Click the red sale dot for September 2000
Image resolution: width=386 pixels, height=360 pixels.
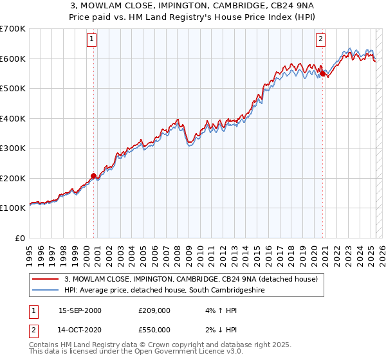tap(94, 175)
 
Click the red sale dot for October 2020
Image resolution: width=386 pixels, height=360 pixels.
tap(322, 74)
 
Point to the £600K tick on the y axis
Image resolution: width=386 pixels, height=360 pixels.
tap(13, 59)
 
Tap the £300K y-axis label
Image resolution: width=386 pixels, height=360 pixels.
tap(13, 148)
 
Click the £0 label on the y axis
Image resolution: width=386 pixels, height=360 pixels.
tap(21, 238)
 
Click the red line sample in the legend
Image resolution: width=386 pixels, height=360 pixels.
tap(45, 280)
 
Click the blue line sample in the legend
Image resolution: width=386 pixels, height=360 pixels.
tap(45, 291)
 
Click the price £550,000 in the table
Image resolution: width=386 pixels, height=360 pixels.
tap(155, 329)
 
